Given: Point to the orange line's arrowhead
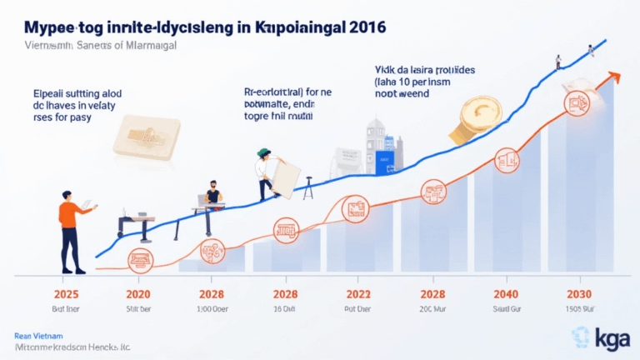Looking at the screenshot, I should [x=616, y=76].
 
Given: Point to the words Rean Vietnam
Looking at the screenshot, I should [x=36, y=332].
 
